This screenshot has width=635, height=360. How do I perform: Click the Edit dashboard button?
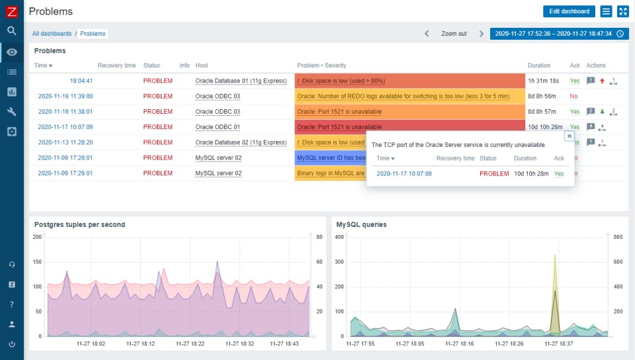click(569, 11)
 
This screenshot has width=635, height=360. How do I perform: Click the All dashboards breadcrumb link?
click(52, 33)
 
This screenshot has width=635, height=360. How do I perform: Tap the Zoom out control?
click(454, 34)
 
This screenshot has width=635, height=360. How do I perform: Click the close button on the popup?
click(569, 136)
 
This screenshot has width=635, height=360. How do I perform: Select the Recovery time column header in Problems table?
click(116, 66)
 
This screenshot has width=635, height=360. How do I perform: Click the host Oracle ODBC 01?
click(218, 127)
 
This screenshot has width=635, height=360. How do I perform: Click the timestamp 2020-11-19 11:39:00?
click(65, 96)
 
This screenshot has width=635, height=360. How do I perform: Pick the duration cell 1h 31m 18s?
click(544, 81)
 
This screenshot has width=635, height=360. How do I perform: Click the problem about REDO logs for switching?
click(403, 96)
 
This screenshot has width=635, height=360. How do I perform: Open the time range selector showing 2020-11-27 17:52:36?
click(558, 34)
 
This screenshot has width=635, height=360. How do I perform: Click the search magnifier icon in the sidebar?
click(12, 30)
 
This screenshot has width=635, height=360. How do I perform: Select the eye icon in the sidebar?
click(12, 52)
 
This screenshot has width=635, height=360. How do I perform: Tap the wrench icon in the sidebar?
click(12, 112)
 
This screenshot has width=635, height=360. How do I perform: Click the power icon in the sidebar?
click(12, 344)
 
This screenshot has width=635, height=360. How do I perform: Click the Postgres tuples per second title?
click(79, 224)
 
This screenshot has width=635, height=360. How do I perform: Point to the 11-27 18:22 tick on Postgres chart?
click(189, 343)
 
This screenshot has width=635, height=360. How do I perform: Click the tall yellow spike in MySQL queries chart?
click(554, 265)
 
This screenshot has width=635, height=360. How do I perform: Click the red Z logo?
click(12, 11)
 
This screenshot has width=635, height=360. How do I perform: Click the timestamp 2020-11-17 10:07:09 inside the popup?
click(404, 173)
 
